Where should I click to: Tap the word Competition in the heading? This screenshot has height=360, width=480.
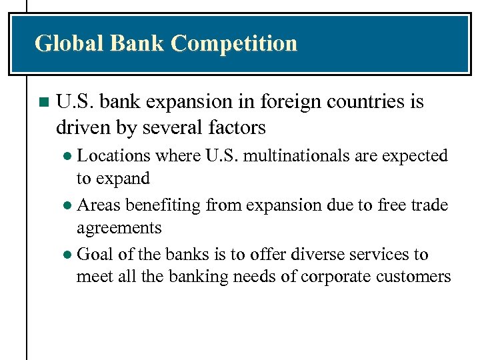coord(234,44)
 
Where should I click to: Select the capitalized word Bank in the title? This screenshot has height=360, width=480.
coord(137,43)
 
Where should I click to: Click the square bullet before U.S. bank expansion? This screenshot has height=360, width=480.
coord(43,103)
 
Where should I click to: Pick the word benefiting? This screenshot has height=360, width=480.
coord(163,205)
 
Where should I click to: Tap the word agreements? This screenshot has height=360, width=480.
coord(119,228)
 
